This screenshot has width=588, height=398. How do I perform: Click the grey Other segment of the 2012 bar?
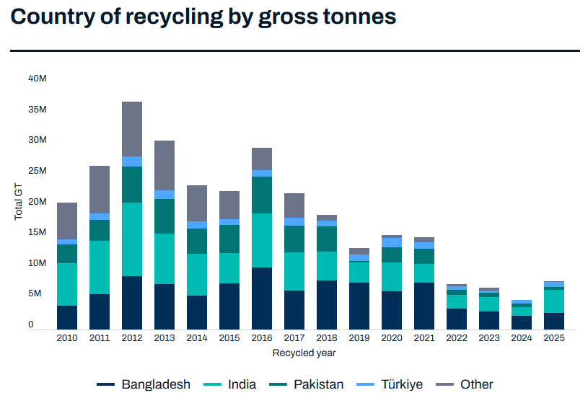tap(132, 129)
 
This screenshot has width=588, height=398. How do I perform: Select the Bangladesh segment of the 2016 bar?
tap(262, 298)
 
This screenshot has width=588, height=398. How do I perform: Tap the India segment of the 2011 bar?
tap(100, 267)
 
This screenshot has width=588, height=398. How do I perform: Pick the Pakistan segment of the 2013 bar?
tap(164, 216)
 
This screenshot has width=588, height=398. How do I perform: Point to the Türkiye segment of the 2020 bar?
tap(392, 242)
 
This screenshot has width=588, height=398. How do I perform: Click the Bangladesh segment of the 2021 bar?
tap(424, 306)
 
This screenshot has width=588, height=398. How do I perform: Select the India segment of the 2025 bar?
tap(554, 301)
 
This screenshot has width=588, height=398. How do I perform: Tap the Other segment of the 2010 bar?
tap(67, 221)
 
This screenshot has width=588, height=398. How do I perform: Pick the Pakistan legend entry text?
tap(318, 385)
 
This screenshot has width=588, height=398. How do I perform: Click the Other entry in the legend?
tap(476, 385)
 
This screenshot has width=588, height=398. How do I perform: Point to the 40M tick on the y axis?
tap(38, 78)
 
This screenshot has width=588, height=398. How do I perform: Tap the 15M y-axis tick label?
tap(38, 232)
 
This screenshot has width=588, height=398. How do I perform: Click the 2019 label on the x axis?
tap(359, 338)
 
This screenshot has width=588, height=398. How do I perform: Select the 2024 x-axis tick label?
tap(522, 338)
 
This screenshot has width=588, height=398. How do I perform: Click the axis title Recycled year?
tap(304, 353)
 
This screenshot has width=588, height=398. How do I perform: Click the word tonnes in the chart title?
tap(356, 17)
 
